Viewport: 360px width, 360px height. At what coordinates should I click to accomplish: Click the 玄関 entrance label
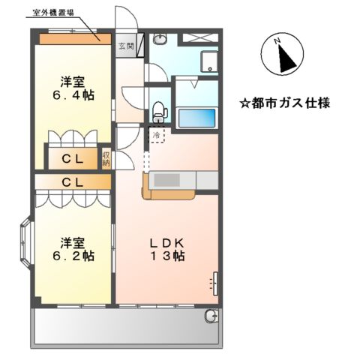point(124,46)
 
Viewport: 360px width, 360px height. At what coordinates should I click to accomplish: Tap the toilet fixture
point(157,112)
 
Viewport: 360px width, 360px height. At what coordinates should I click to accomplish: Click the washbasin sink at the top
point(159,38)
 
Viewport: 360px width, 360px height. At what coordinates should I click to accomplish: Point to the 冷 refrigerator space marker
point(156,135)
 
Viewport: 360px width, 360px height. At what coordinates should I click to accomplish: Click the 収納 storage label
point(107,157)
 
